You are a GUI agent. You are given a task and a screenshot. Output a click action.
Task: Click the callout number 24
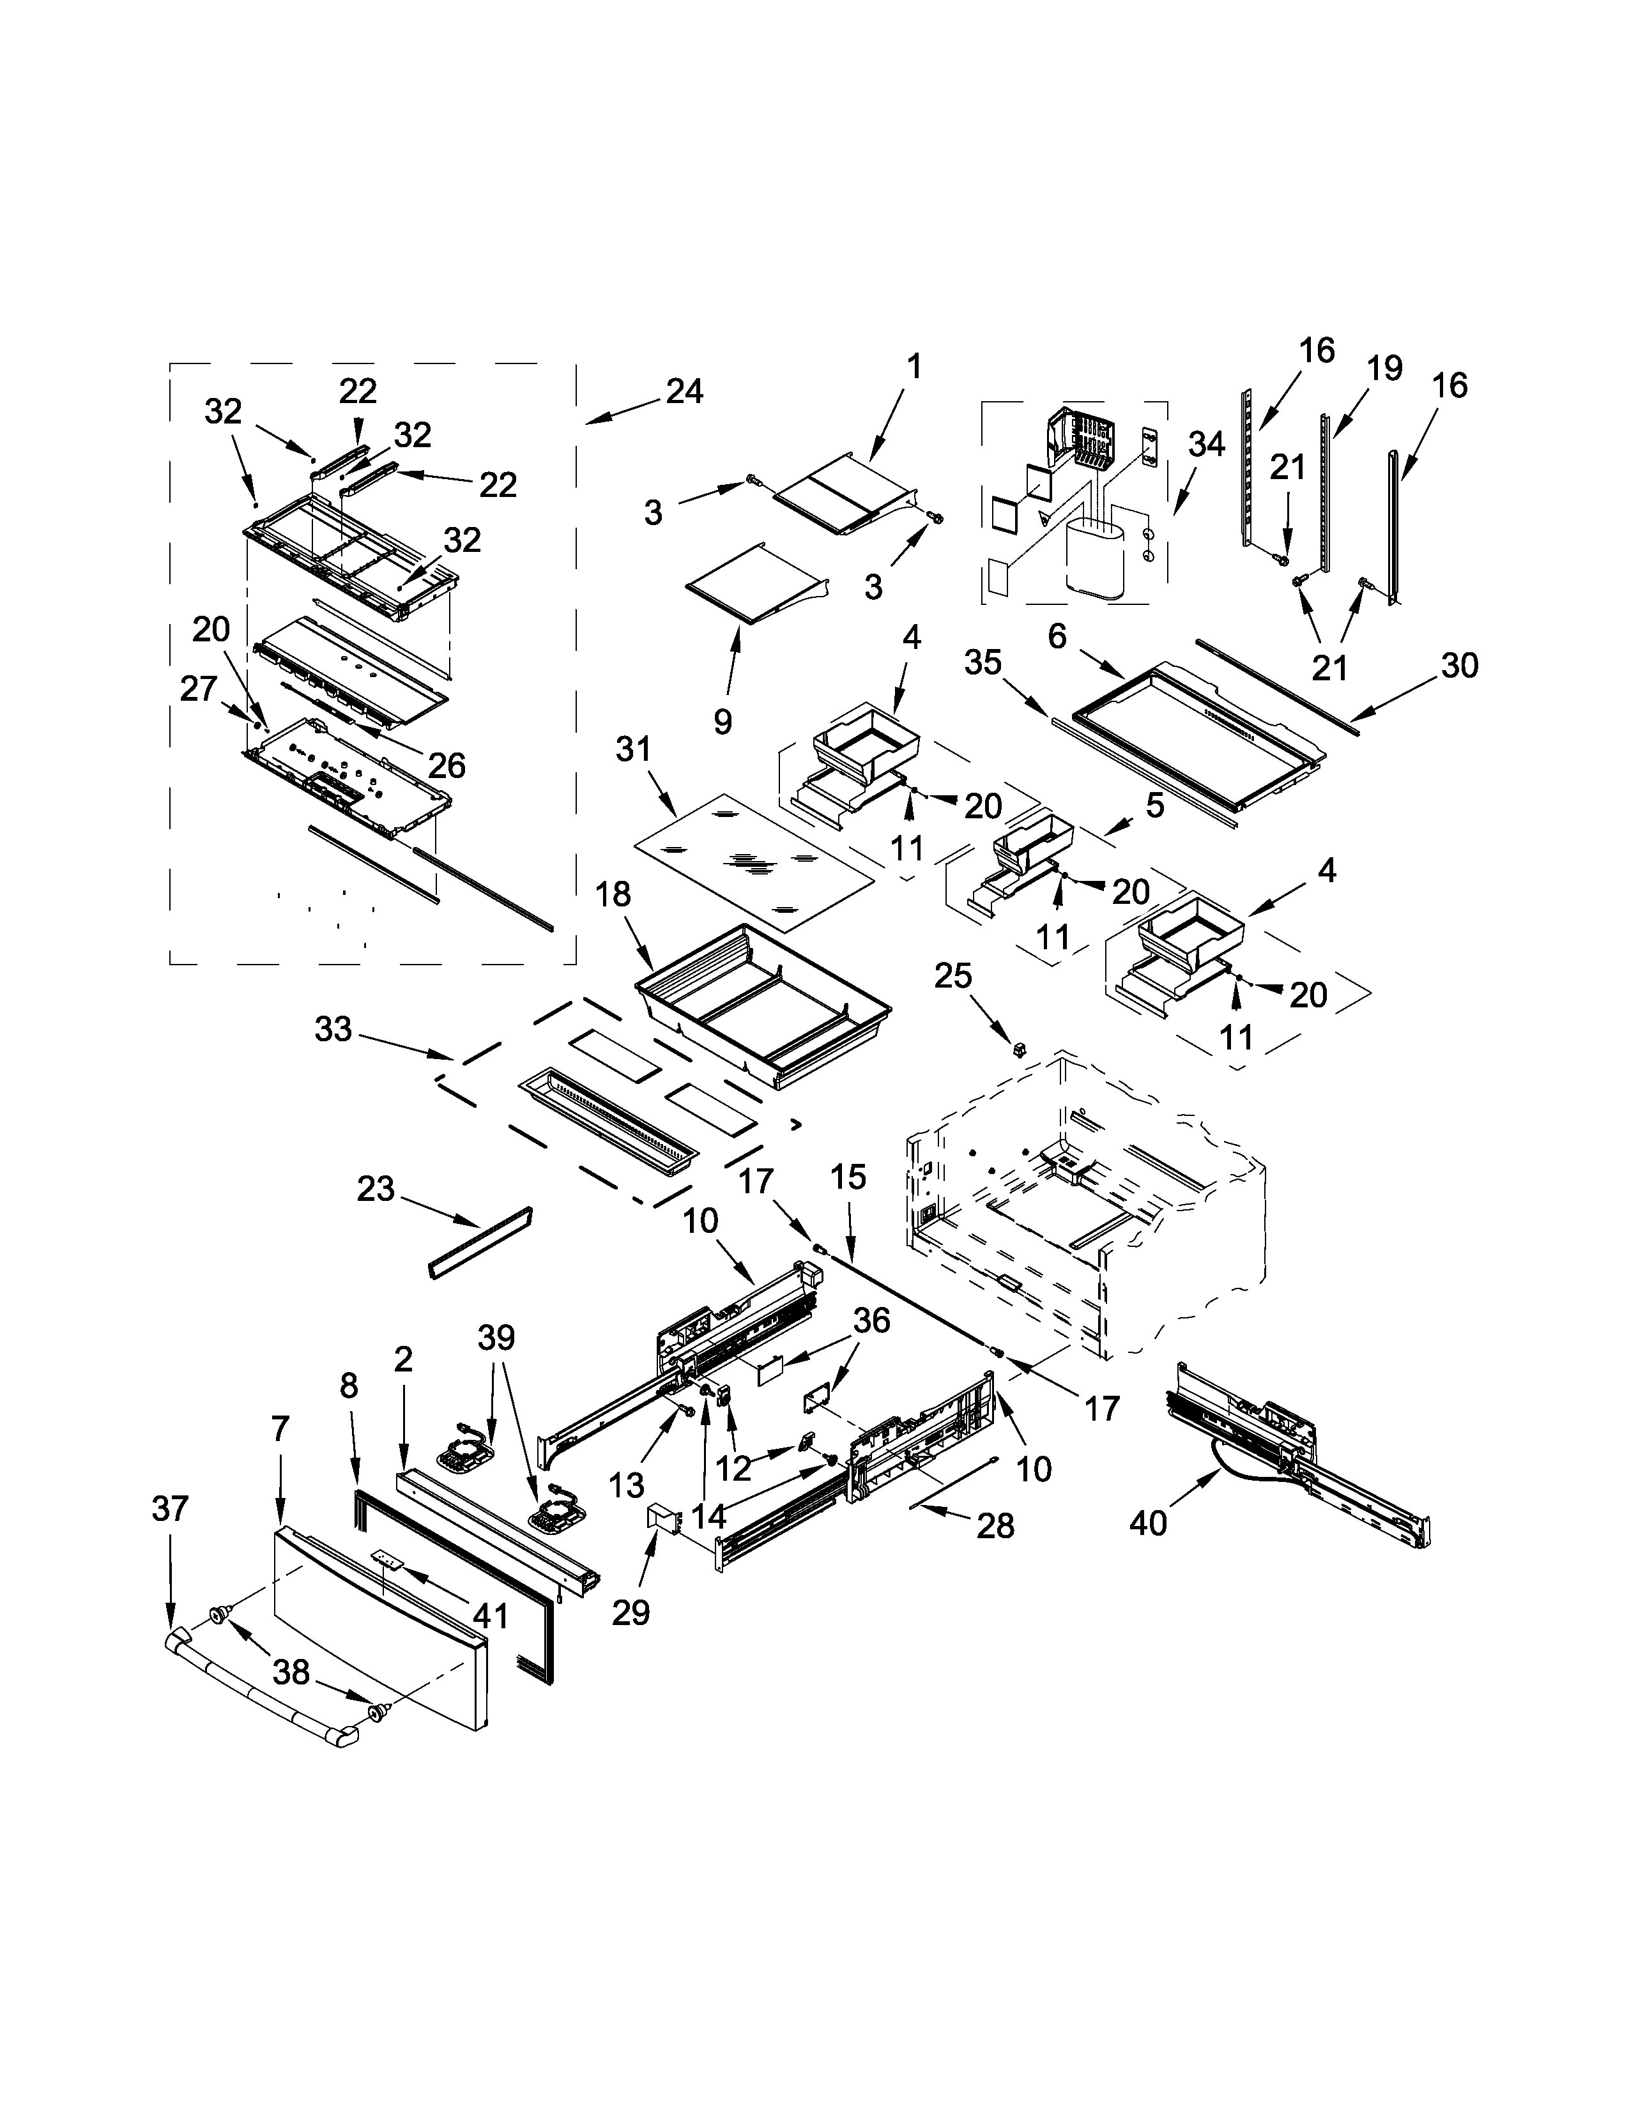(x=684, y=392)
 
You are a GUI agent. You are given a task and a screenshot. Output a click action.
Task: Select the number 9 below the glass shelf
(x=723, y=722)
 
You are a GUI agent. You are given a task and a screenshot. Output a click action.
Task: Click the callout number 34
(x=1205, y=444)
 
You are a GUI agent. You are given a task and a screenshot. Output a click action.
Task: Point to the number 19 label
(x=1384, y=368)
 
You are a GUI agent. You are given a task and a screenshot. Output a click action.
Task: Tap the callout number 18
(x=613, y=895)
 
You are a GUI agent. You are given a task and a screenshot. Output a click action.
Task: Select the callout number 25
(x=952, y=976)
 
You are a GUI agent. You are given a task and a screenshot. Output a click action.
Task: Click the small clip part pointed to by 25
(x=1019, y=1046)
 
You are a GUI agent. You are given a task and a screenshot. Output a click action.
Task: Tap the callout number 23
(x=376, y=1189)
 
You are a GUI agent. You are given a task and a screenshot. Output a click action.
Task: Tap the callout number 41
(x=491, y=1614)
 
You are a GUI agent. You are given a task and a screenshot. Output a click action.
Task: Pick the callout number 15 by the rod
(x=848, y=1177)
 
